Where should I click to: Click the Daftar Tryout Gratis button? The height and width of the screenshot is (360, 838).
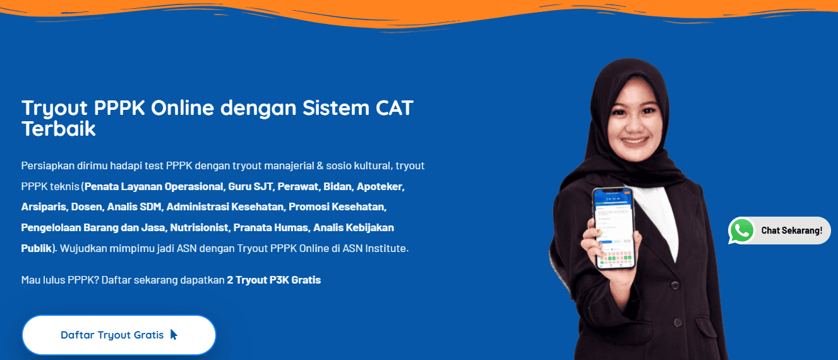pos(119,335)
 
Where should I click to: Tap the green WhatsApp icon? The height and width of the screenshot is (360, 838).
pos(741,231)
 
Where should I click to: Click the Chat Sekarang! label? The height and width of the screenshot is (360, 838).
pos(791,231)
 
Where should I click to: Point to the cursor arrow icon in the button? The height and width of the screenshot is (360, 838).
pos(174,335)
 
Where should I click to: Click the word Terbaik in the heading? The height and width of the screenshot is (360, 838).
pos(58,129)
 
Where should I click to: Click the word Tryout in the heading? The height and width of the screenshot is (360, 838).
pos(55,108)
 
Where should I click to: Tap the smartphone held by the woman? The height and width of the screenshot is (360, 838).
pos(612,227)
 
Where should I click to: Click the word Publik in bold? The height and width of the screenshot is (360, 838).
pos(35,248)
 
